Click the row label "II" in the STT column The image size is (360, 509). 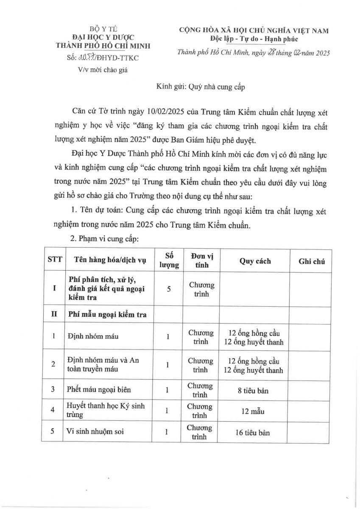coord(54,314)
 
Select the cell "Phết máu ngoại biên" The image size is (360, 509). coord(99,390)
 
